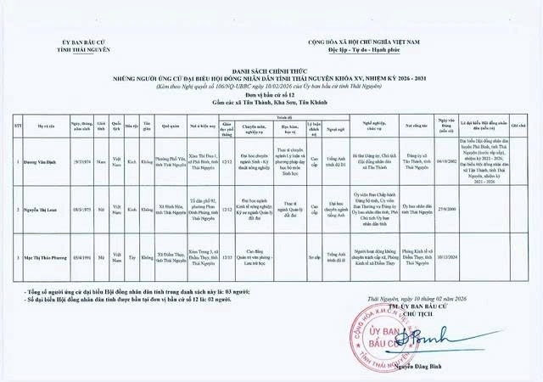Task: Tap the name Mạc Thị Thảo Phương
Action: coord(48,255)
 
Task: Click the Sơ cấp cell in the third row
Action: coord(315,255)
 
